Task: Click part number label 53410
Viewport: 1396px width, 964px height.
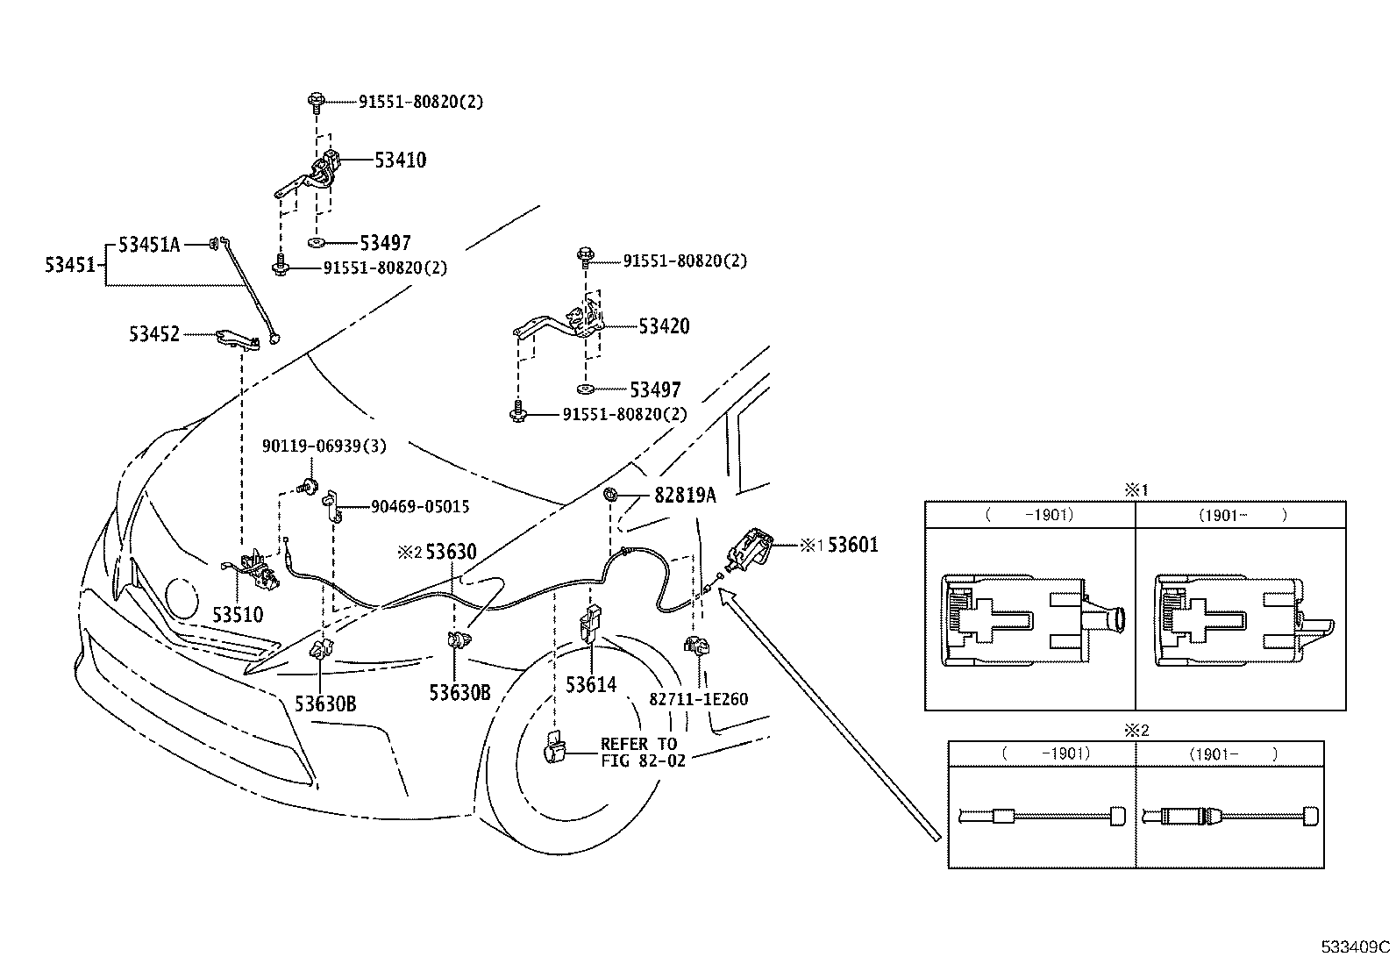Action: pyautogui.click(x=400, y=161)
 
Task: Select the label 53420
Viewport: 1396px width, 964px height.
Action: pyautogui.click(x=664, y=326)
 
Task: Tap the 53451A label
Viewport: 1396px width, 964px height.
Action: pyautogui.click(x=148, y=246)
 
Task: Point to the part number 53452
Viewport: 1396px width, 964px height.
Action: pyautogui.click(x=154, y=334)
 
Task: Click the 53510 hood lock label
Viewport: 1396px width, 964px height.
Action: pyautogui.click(x=238, y=615)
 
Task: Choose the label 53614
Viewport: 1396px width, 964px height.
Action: pyautogui.click(x=591, y=685)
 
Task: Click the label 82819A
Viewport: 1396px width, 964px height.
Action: pyautogui.click(x=684, y=496)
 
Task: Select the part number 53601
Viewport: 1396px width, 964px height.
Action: pyautogui.click(x=852, y=546)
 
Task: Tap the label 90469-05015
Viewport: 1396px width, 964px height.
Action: pyautogui.click(x=419, y=507)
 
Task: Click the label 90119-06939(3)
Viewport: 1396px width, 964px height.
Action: pyautogui.click(x=324, y=446)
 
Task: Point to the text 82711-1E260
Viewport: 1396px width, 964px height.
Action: pyautogui.click(x=699, y=699)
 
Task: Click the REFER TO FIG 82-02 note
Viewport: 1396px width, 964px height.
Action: pyautogui.click(x=638, y=753)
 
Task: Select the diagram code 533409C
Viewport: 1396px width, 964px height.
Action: pyautogui.click(x=1357, y=947)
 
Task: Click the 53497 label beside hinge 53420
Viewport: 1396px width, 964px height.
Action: pyautogui.click(x=655, y=389)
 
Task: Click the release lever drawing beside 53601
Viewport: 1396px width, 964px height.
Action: pyautogui.click(x=751, y=550)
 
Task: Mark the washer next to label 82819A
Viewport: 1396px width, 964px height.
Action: pyautogui.click(x=609, y=496)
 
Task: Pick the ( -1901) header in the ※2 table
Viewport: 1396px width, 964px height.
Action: pyautogui.click(x=1043, y=753)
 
